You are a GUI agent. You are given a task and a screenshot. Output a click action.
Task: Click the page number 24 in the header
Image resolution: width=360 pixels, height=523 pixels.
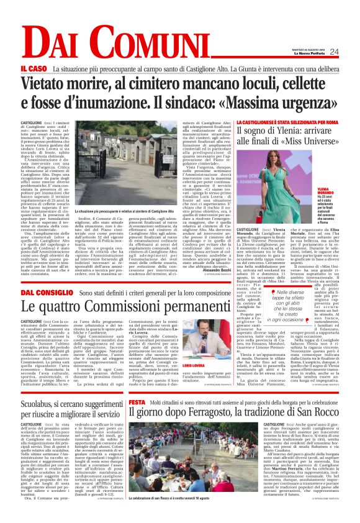(x=335, y=52)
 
